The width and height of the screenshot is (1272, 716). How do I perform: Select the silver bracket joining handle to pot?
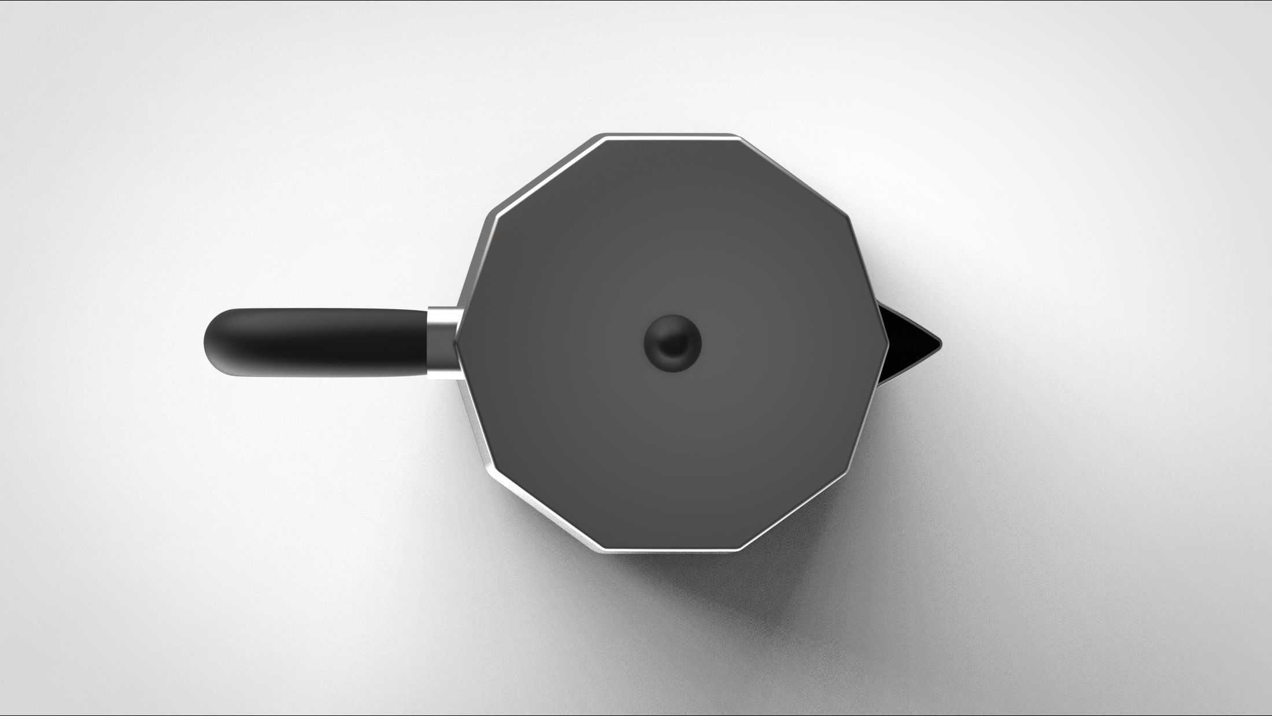pyautogui.click(x=443, y=343)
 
